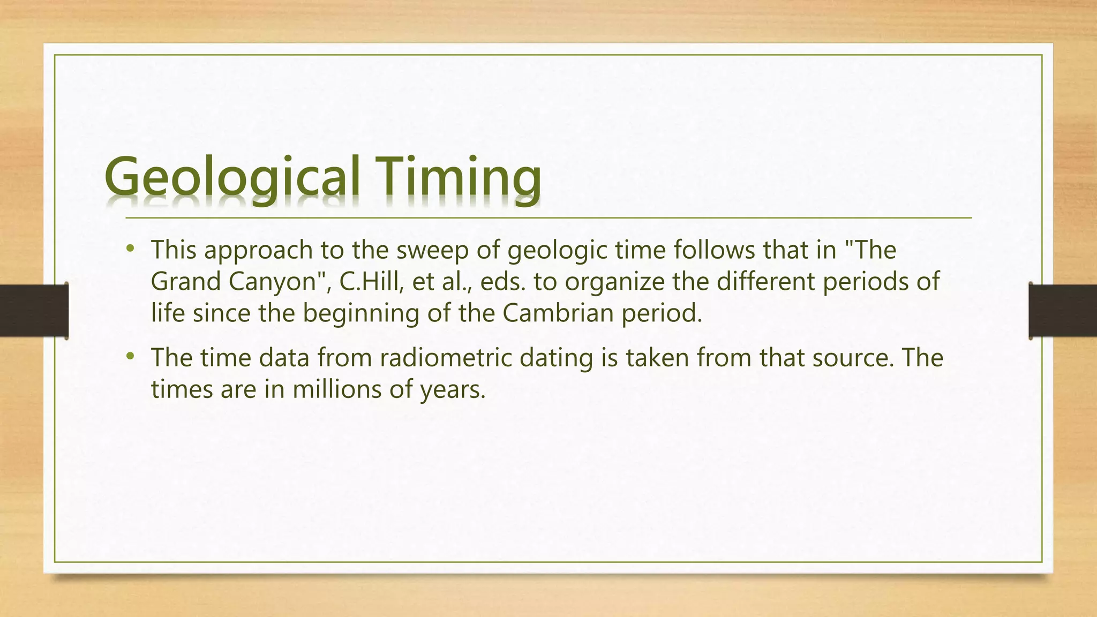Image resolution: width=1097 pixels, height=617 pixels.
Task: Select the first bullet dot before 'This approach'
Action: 130,249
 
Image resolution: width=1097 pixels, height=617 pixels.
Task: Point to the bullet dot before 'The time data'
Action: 130,356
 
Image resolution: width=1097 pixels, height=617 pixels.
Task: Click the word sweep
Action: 432,251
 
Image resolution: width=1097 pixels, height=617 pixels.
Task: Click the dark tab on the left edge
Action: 34,311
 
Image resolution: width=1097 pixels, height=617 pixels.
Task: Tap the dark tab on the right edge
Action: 1063,311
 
